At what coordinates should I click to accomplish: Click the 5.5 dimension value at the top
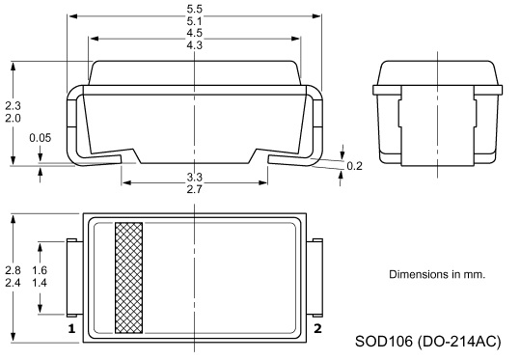click(x=194, y=9)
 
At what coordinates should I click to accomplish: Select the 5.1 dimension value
click(x=194, y=21)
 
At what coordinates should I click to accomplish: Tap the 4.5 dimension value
click(x=194, y=33)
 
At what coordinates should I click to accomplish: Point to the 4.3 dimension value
click(x=194, y=44)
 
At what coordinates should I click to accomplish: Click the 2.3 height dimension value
click(x=13, y=106)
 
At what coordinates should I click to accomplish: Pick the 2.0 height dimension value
click(x=13, y=118)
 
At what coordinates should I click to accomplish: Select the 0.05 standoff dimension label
click(x=41, y=138)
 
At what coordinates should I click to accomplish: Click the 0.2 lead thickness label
click(x=354, y=166)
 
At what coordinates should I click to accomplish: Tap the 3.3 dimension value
click(x=194, y=178)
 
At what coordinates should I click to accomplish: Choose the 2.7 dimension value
click(x=194, y=189)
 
